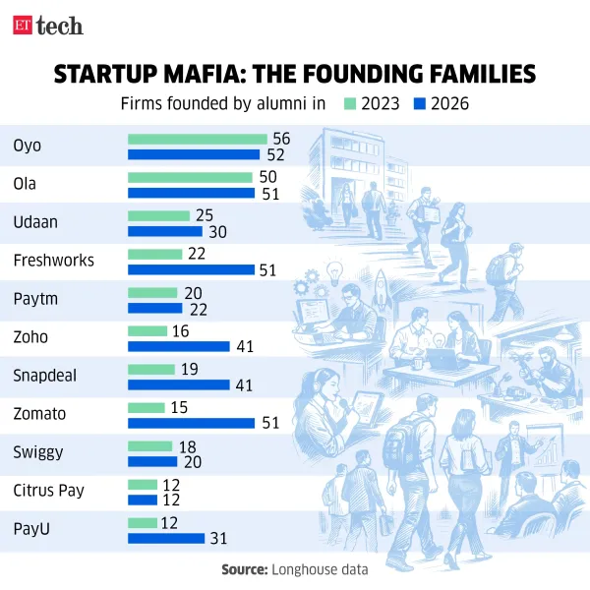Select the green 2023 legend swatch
[x=348, y=103]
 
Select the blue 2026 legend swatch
[x=418, y=103]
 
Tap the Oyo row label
[x=27, y=146]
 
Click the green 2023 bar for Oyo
[x=197, y=139]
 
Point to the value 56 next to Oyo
[x=281, y=139]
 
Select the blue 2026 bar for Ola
[x=193, y=194]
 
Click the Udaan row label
[x=35, y=222]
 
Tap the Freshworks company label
[x=53, y=261]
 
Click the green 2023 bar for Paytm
[x=152, y=292]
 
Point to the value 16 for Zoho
[x=181, y=330]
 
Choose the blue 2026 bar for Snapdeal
[x=179, y=384]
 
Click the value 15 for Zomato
[x=178, y=407]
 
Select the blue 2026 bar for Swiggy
[x=152, y=461]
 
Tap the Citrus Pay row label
[x=46, y=490]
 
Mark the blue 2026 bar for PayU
[x=166, y=538]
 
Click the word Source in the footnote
[x=242, y=569]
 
